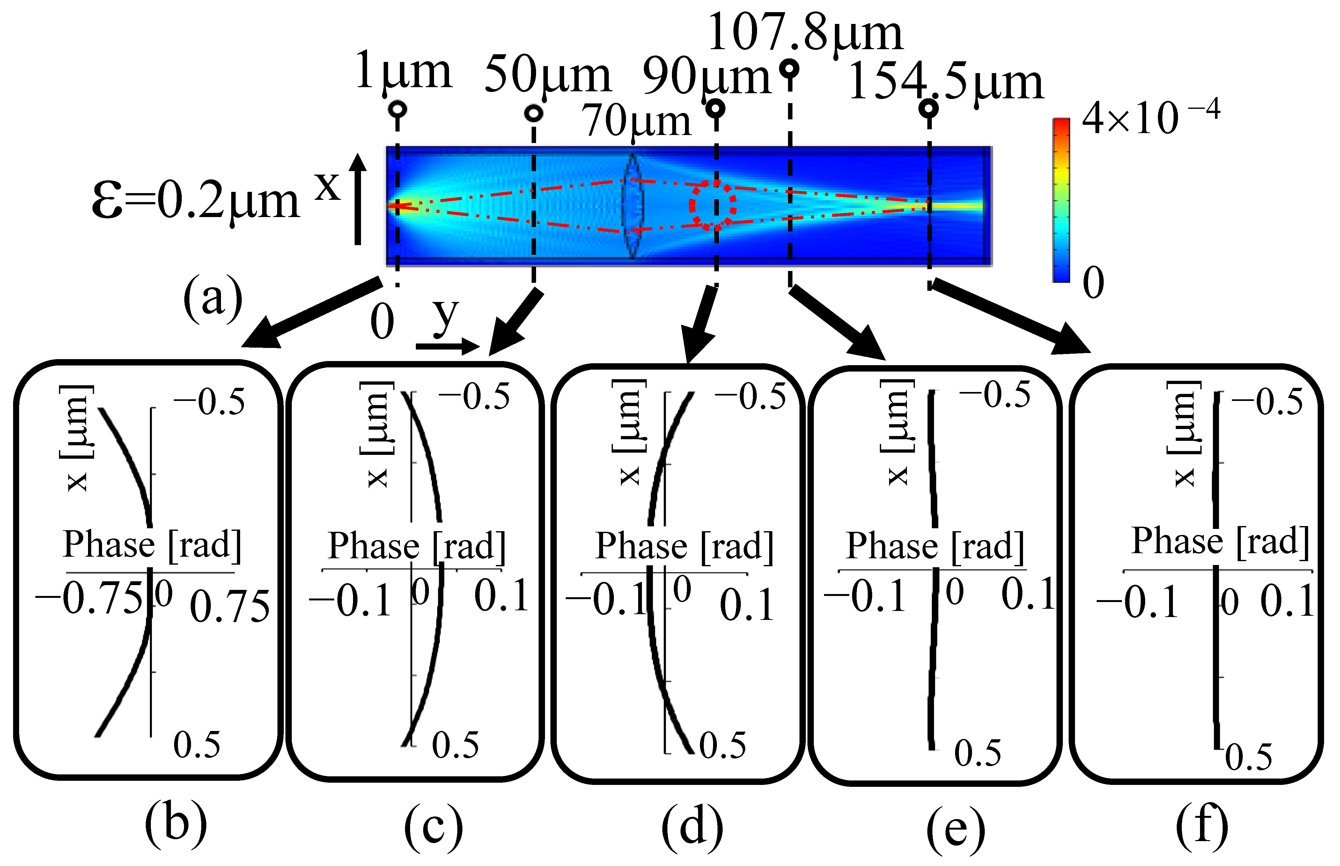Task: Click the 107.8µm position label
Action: click(x=805, y=34)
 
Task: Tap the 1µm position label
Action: click(x=403, y=73)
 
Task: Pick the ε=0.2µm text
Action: click(x=195, y=202)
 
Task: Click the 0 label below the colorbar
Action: click(x=1093, y=283)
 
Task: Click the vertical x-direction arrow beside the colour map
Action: click(x=358, y=199)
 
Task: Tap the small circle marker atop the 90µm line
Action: click(x=715, y=108)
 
